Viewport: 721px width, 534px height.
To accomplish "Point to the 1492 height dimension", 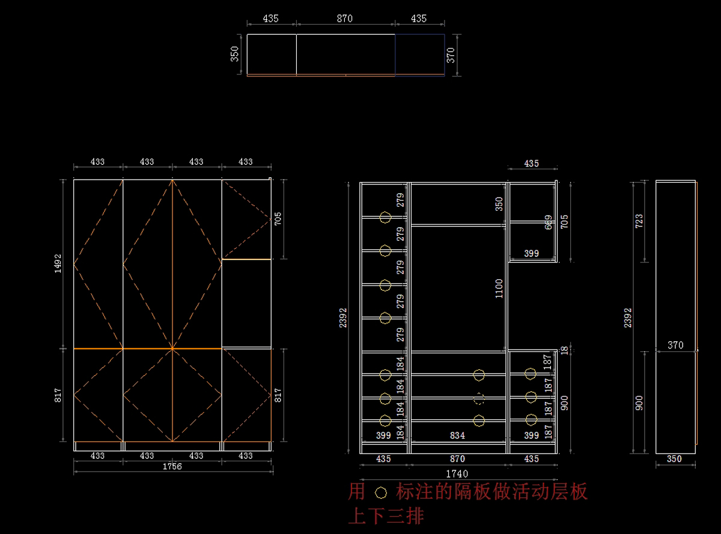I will point(58,263).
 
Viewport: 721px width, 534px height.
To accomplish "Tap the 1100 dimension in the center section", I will point(499,288).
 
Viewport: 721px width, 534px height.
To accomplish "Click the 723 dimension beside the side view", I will point(639,220).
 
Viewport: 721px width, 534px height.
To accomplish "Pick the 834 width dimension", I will point(458,435).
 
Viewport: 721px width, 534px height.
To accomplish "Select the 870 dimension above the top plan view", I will point(345,19).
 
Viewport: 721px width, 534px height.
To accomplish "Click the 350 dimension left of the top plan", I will point(235,54).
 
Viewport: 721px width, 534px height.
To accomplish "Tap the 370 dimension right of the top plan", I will point(451,55).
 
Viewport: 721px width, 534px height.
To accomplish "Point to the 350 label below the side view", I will point(675,459).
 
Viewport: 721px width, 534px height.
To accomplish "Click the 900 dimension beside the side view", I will point(639,402).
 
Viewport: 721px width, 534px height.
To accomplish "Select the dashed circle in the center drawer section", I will point(479,398).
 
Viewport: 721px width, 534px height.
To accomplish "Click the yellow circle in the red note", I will point(380,493).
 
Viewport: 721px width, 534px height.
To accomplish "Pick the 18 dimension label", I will point(564,350).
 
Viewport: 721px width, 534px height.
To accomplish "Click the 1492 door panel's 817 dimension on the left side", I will point(58,395).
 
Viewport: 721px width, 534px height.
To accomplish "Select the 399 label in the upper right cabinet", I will point(531,253).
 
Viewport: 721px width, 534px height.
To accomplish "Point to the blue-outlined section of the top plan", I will point(419,55).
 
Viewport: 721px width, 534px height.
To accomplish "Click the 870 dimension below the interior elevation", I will point(458,458).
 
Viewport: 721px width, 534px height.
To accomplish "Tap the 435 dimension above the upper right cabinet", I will point(532,163).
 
